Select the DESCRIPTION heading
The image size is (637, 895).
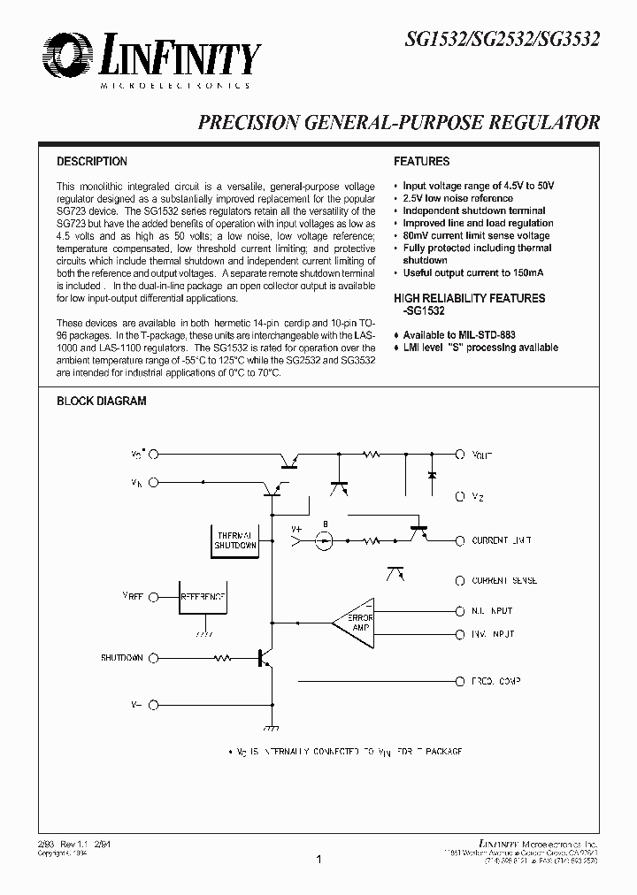(x=92, y=162)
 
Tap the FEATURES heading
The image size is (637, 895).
(x=421, y=162)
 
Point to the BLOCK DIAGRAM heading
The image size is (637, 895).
(x=102, y=401)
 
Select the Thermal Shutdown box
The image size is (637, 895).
(x=235, y=540)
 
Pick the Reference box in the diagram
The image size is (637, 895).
(x=203, y=598)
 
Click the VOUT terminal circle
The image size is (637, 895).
(x=459, y=454)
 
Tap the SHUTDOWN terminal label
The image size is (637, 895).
(x=121, y=658)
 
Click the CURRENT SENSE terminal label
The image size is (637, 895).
(x=504, y=581)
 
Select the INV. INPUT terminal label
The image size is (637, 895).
(x=492, y=634)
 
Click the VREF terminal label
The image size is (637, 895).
(x=133, y=598)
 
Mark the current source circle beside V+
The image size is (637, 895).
(x=325, y=540)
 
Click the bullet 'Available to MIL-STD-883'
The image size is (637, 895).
(x=458, y=336)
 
